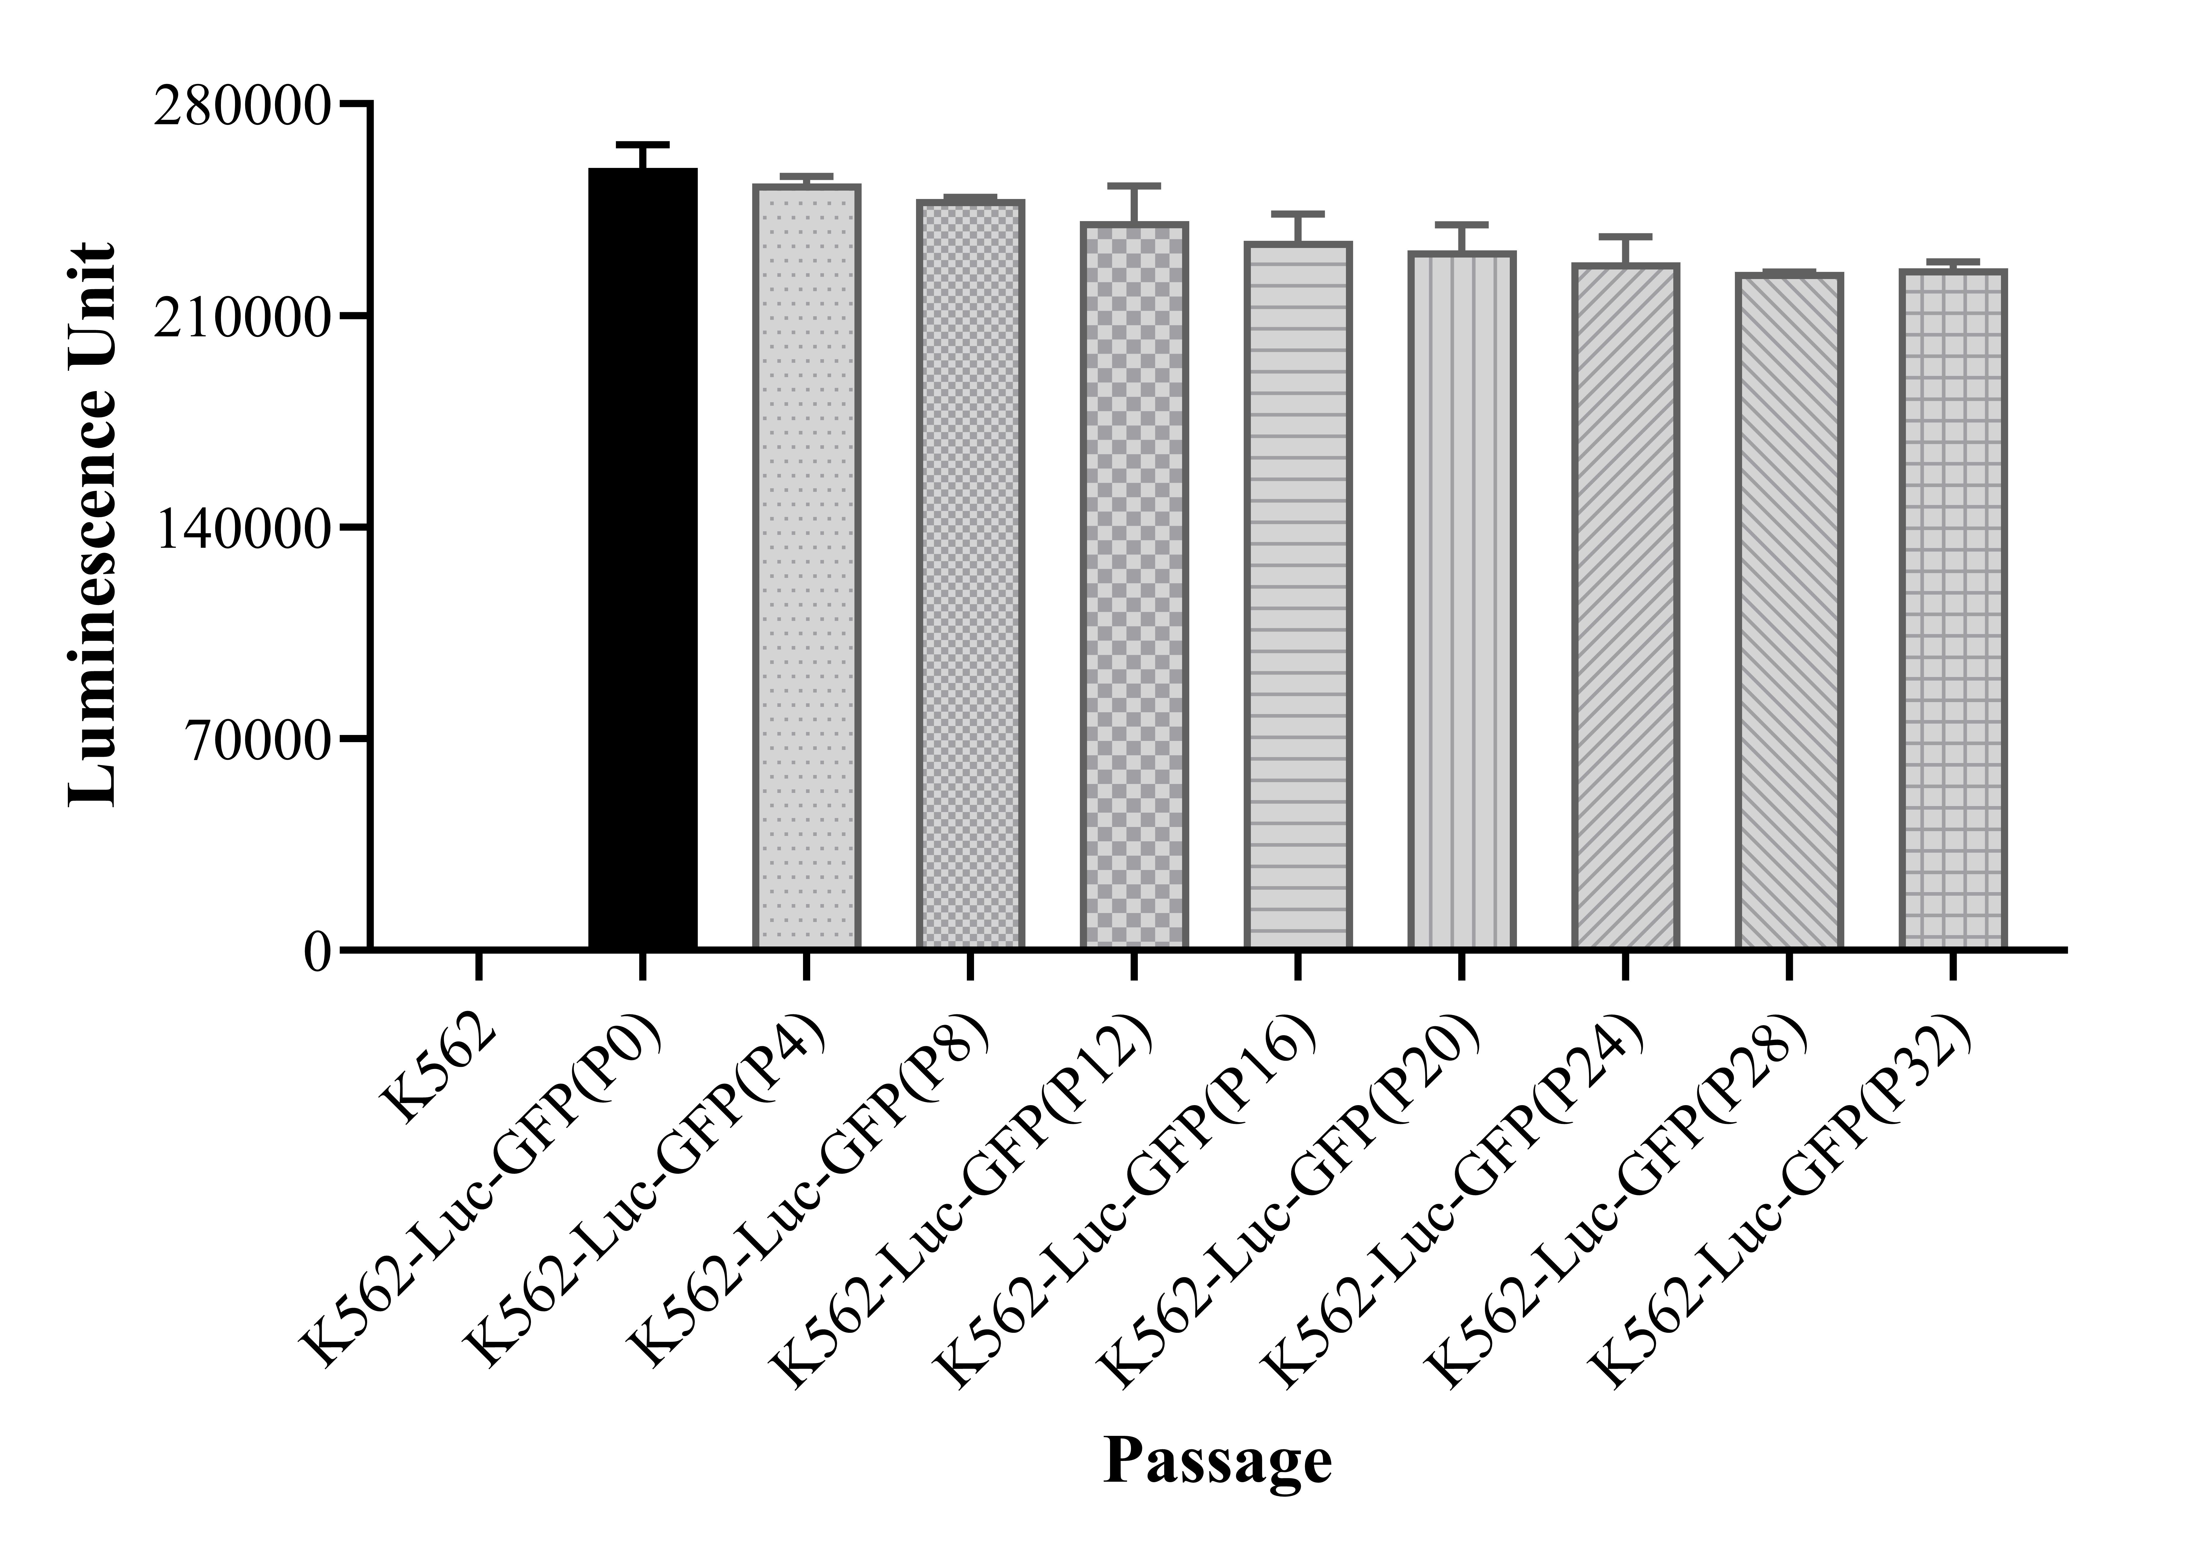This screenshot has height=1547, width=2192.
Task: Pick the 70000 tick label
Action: point(258,740)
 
